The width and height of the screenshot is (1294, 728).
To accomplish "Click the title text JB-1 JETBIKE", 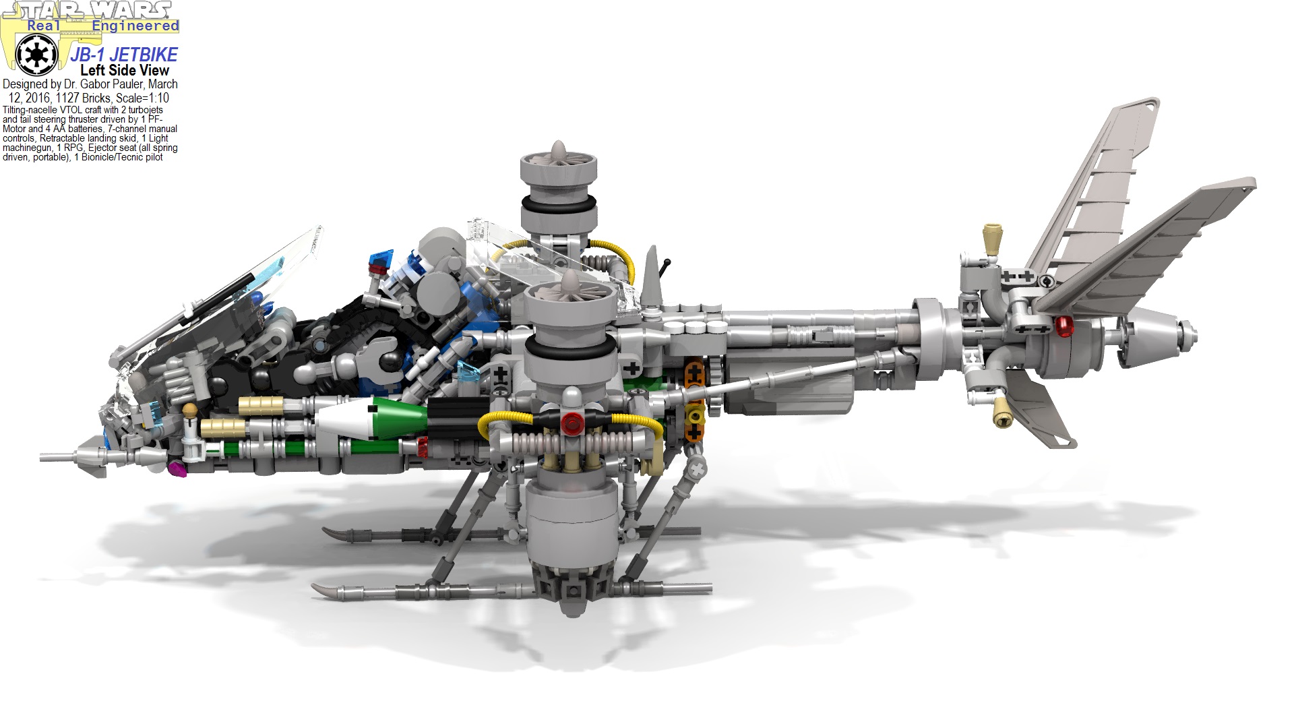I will [x=124, y=55].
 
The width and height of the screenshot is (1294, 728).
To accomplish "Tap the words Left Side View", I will [x=125, y=70].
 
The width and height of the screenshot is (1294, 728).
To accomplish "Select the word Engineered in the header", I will [x=135, y=26].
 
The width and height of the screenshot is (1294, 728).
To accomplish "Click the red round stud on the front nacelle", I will [x=573, y=423].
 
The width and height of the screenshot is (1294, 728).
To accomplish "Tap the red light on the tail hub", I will [x=1064, y=326].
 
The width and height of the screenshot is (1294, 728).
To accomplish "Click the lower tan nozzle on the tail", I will [x=1002, y=411].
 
